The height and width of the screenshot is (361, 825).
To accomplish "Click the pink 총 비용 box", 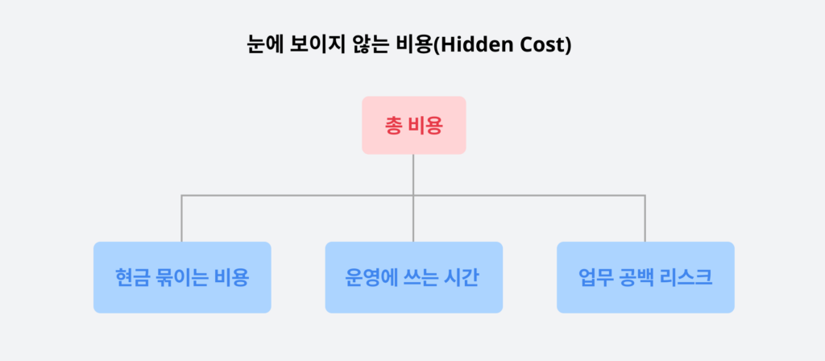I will coord(413,125).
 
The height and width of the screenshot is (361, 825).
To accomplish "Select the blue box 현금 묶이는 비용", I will coord(182,277).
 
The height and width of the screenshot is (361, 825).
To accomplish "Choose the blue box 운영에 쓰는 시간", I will coord(413,277).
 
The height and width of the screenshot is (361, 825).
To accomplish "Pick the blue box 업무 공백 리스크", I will coord(645,277).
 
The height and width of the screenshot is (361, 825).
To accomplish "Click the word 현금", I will coord(133,278).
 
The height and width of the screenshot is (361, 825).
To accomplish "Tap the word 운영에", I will coord(363,278).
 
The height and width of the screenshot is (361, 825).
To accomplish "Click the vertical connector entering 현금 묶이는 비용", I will coord(182,219).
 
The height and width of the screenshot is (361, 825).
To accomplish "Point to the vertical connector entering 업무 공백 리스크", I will coord(645,219).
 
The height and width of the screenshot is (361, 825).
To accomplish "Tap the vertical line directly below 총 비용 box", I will coord(413,174).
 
